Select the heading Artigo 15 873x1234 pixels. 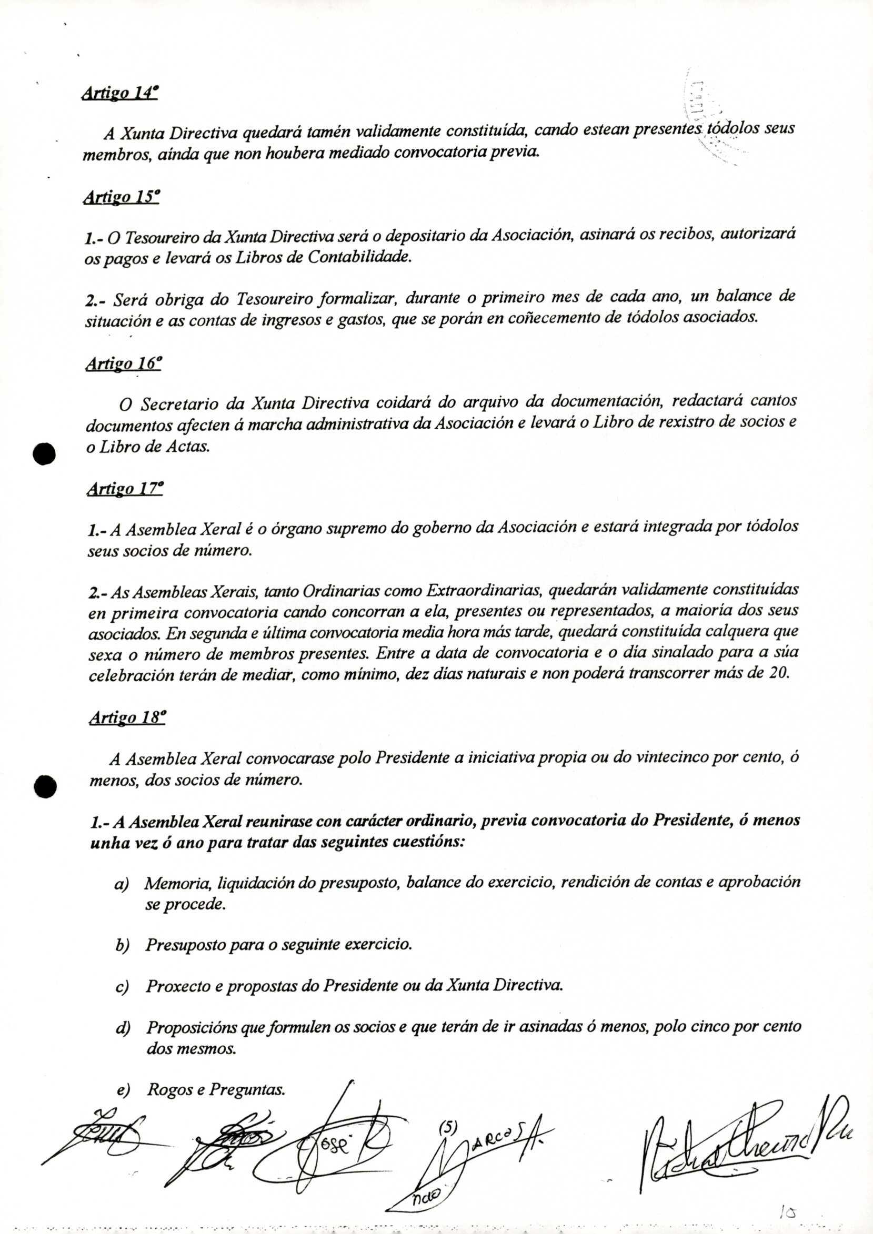click(121, 198)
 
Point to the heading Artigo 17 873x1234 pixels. click(124, 490)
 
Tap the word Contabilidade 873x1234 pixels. click(359, 258)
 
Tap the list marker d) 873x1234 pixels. click(123, 1028)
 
